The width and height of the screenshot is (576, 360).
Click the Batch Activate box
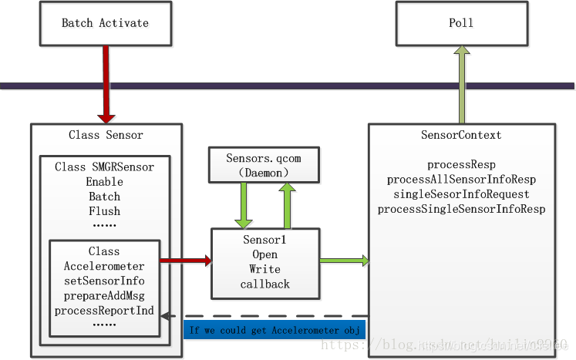pyautogui.click(x=105, y=22)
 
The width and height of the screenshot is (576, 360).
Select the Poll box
pyautogui.click(x=461, y=22)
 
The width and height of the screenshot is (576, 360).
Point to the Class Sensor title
pyautogui.click(x=106, y=135)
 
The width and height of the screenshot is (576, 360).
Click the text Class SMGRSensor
pyautogui.click(x=104, y=167)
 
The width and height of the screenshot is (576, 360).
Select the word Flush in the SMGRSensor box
pyautogui.click(x=104, y=210)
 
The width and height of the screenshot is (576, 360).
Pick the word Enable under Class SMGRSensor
pyautogui.click(x=104, y=181)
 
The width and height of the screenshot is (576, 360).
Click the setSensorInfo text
pyautogui.click(x=104, y=281)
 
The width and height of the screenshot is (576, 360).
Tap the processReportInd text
pyautogui.click(x=104, y=311)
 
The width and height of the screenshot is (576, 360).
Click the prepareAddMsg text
pyautogui.click(x=104, y=295)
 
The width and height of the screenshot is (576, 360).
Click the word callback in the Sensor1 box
pyautogui.click(x=264, y=284)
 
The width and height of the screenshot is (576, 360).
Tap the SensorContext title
pyautogui.click(x=461, y=135)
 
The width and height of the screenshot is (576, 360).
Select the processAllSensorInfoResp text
pyautogui.click(x=461, y=179)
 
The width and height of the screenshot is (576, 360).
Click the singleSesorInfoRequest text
pyautogui.click(x=461, y=193)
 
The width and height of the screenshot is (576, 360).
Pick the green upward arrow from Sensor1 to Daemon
pyautogui.click(x=287, y=207)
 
